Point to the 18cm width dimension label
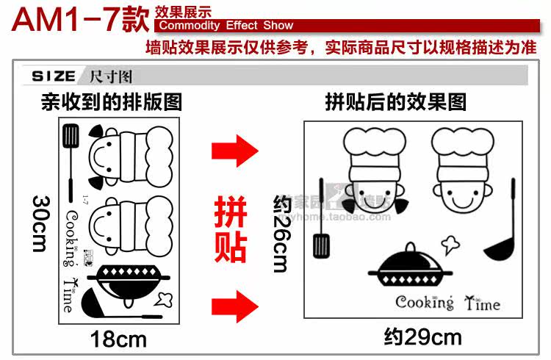coord(118,339)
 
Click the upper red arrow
coord(234,152)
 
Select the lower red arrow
coord(234,302)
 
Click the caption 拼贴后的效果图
coord(396,101)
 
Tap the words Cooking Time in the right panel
coord(447,302)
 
